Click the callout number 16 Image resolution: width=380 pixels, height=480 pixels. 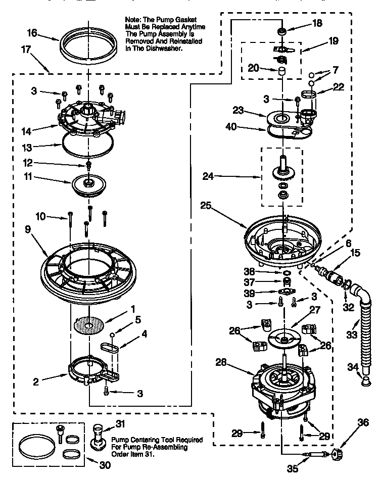pyautogui.click(x=31, y=33)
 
